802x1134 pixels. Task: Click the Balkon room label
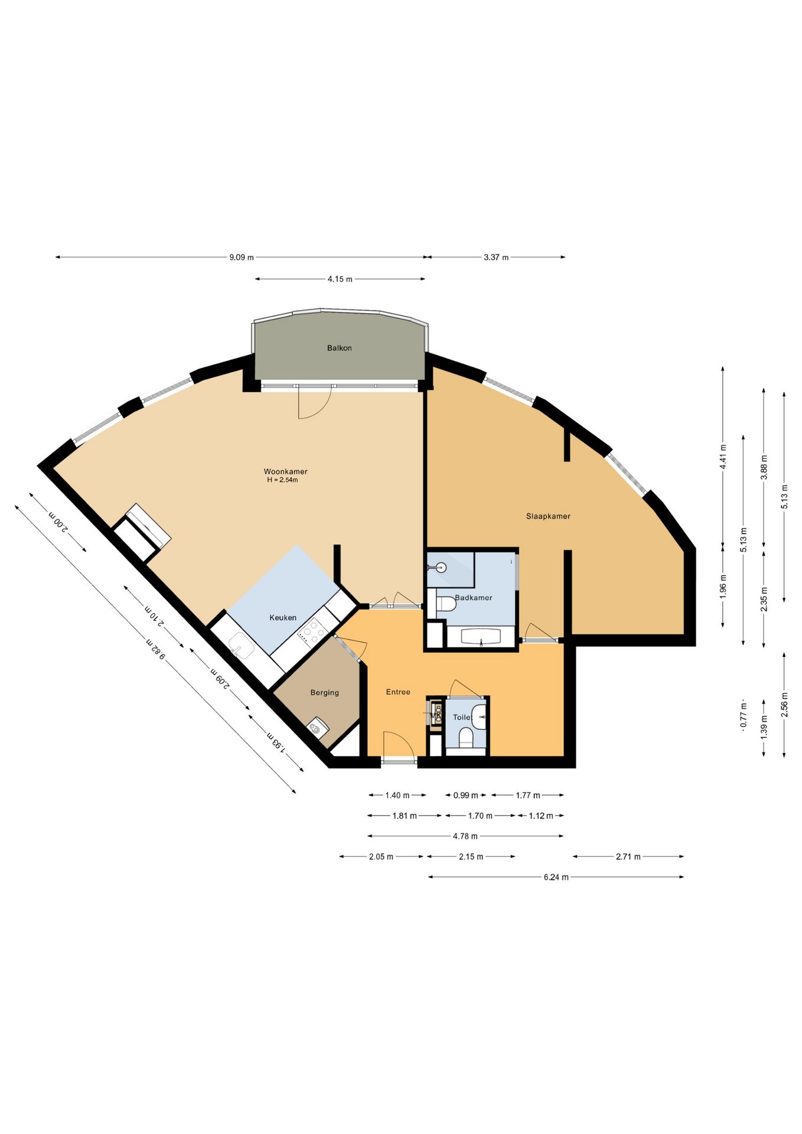click(339, 348)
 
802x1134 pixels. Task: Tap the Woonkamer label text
click(285, 471)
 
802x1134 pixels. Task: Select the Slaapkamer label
click(548, 516)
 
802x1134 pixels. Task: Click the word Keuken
click(283, 618)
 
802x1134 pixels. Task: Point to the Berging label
click(325, 693)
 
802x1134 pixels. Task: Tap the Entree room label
click(398, 692)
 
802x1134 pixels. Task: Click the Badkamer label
click(474, 598)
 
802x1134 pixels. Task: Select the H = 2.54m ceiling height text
click(282, 480)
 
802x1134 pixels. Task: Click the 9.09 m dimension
click(242, 258)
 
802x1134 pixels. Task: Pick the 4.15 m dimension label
click(340, 279)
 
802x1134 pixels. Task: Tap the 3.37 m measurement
click(496, 258)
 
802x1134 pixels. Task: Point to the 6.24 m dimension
click(556, 877)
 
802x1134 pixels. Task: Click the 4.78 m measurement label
click(465, 836)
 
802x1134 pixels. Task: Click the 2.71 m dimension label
click(628, 856)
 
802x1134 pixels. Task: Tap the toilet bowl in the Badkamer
click(446, 604)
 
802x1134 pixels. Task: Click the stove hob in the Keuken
click(313, 631)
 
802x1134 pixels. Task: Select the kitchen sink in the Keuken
click(241, 644)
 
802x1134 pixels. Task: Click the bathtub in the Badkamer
click(481, 637)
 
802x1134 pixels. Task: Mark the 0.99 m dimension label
click(466, 796)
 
